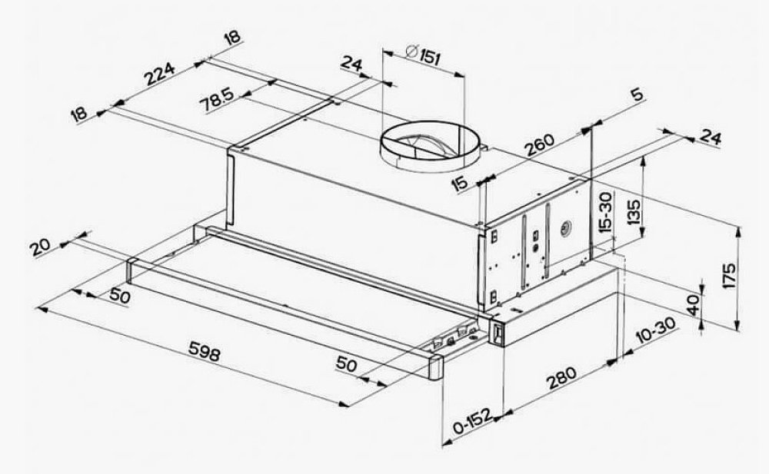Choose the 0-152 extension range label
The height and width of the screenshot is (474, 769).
[x=471, y=421]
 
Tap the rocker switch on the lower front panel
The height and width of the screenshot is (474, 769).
[x=498, y=333]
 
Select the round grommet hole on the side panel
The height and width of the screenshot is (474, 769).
[x=566, y=228]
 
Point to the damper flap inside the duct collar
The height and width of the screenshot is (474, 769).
[x=425, y=140]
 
